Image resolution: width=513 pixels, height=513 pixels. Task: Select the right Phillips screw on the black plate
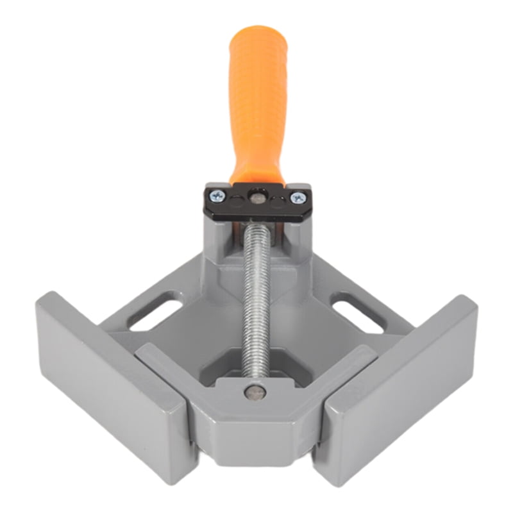[x=297, y=198]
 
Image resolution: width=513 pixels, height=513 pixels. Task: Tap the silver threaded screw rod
[x=256, y=301]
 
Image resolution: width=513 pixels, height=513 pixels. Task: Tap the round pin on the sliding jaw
[x=256, y=392]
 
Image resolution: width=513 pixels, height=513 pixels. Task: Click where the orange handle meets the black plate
[x=257, y=181]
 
